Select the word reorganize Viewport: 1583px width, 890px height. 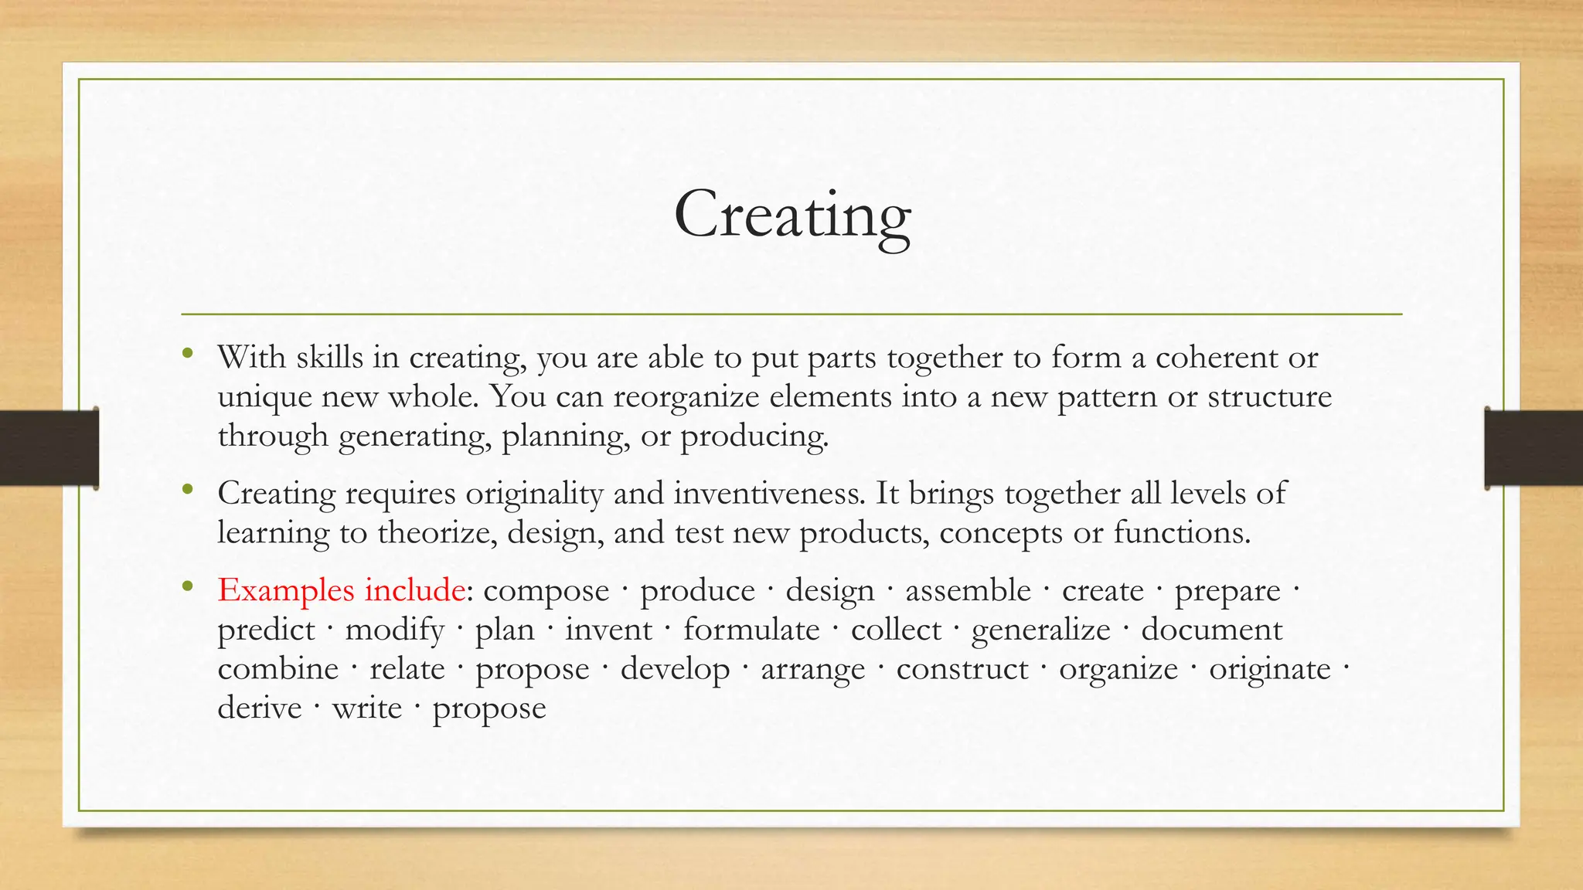(686, 397)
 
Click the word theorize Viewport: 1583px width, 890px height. (437, 533)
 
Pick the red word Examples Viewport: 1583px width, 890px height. (285, 591)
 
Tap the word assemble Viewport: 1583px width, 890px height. (968, 591)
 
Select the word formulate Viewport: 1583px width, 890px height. (751, 630)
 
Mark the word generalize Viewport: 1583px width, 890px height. (1040, 630)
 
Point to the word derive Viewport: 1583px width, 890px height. (260, 708)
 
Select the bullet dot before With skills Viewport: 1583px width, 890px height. (186, 355)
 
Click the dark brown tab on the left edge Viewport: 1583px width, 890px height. (49, 448)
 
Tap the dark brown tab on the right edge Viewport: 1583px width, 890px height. (1534, 448)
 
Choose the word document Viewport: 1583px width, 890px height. (1211, 630)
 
